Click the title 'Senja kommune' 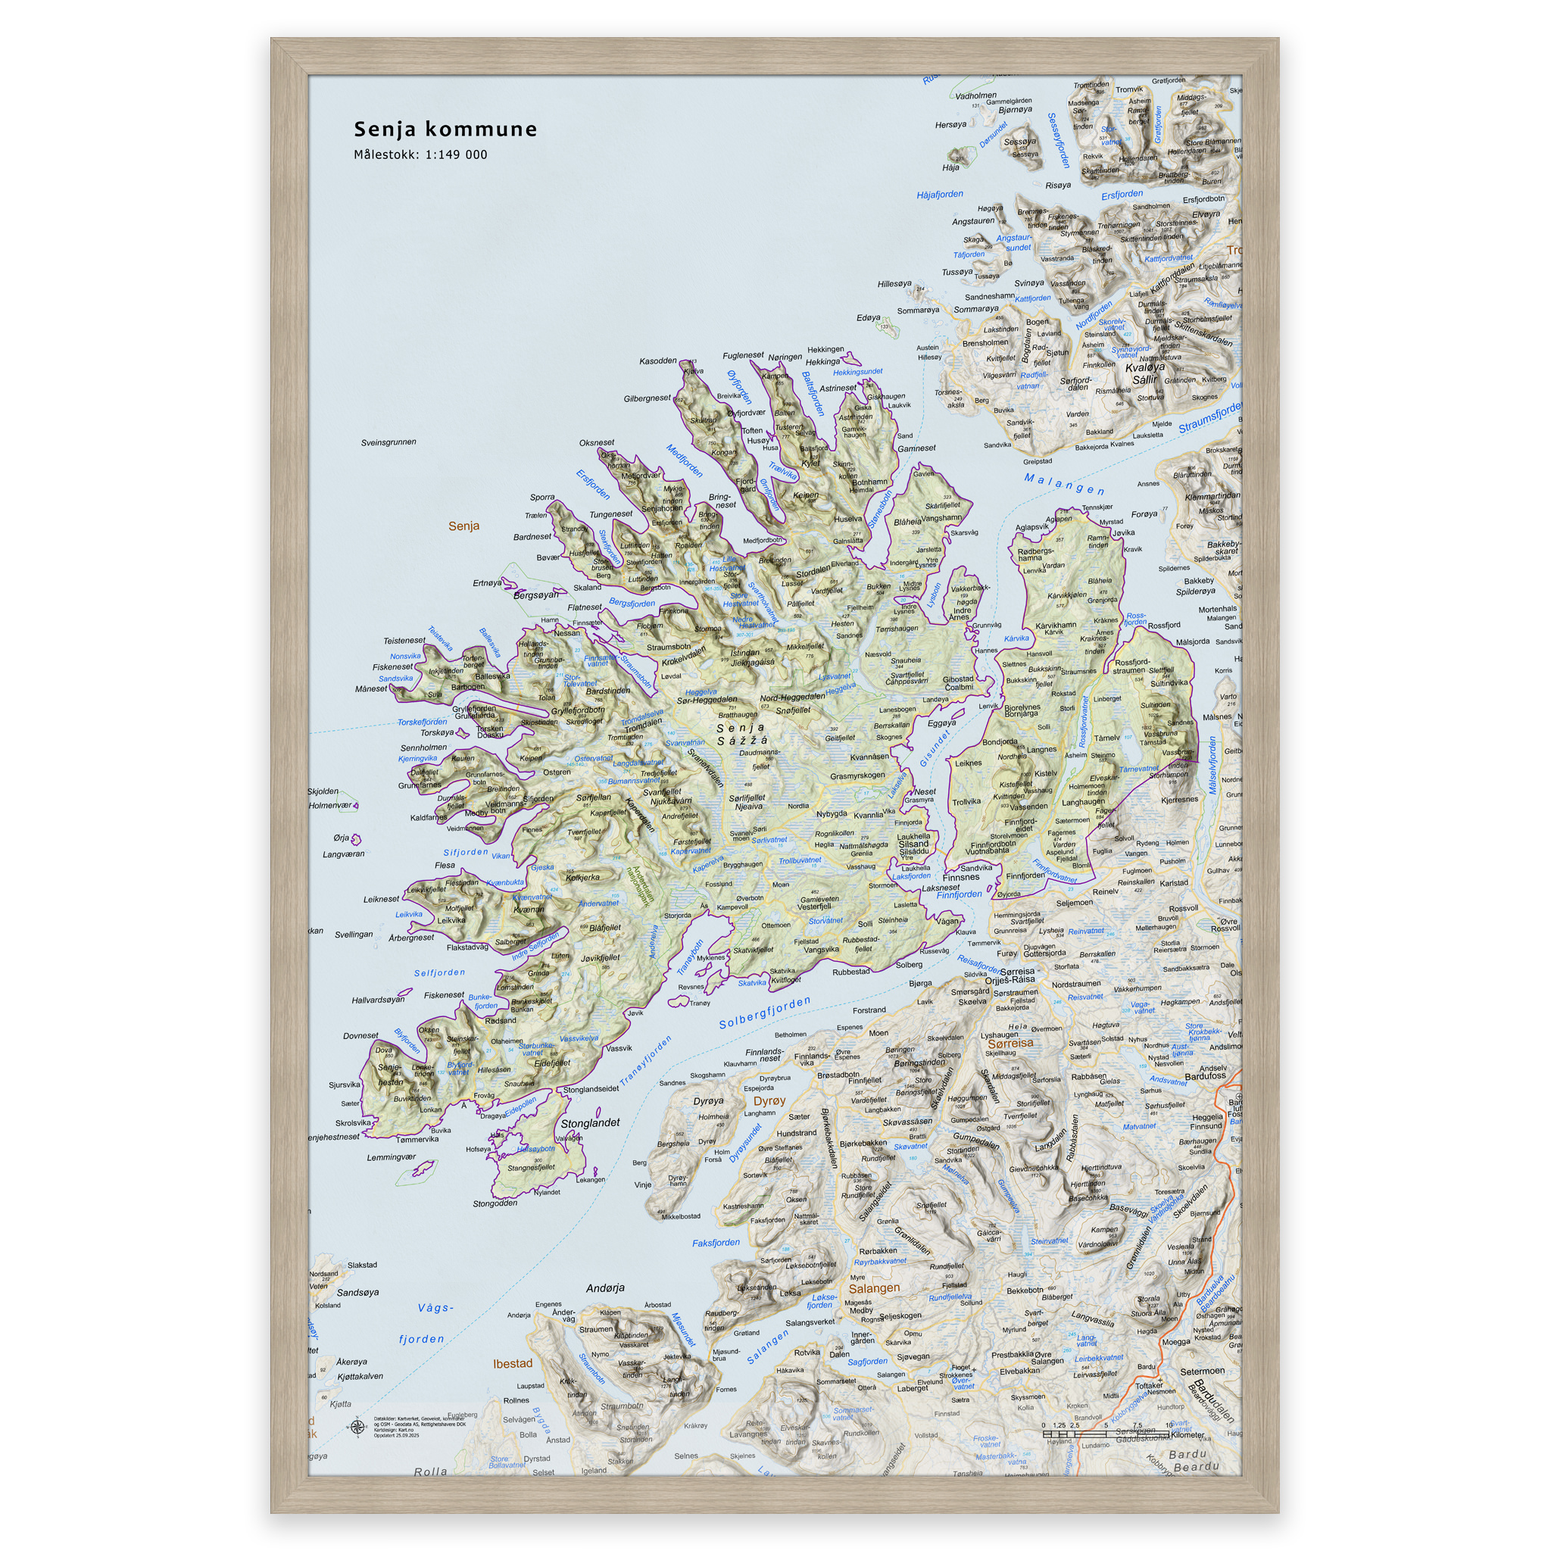[445, 130]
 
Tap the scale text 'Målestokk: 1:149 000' [420, 155]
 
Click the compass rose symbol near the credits [357, 1427]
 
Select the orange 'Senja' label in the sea [464, 526]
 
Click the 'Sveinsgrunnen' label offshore [389, 442]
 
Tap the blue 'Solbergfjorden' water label [764, 1013]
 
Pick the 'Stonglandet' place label [590, 1123]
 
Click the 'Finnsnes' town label [961, 878]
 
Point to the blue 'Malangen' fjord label [1064, 484]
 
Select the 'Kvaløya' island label [1144, 367]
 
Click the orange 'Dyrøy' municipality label [769, 1100]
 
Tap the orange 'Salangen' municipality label [874, 1288]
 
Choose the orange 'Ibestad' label [512, 1363]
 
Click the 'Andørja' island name [605, 1288]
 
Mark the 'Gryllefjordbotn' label [577, 710]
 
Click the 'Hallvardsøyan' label [378, 1000]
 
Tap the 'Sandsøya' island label [357, 1293]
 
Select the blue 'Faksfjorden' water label [716, 1243]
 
